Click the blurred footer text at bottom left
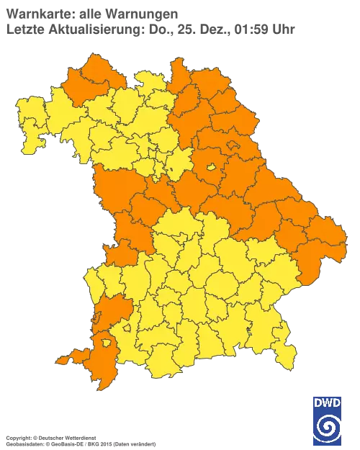tap(79, 437)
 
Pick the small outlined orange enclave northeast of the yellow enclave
tap(235, 147)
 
